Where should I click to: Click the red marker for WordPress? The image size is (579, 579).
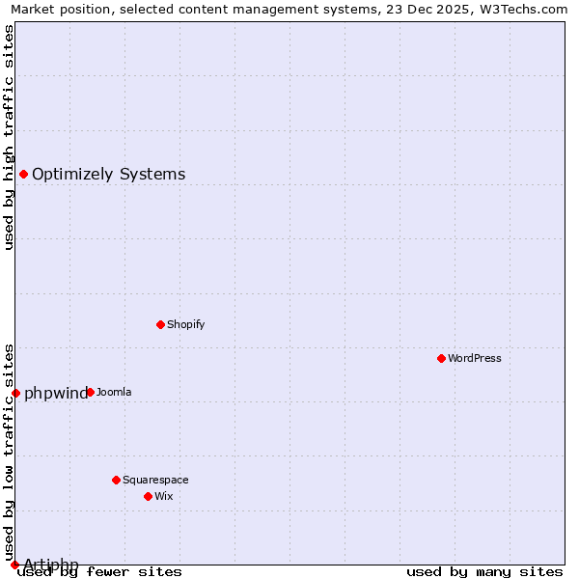click(x=441, y=358)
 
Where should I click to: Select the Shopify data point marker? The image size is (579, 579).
click(x=160, y=324)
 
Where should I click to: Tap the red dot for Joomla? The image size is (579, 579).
click(x=90, y=392)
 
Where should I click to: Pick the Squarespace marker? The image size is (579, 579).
click(x=116, y=480)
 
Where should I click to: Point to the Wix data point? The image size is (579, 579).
click(x=148, y=496)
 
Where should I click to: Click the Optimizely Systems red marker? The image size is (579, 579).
click(x=23, y=174)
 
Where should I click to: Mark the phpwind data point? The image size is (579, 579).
click(x=15, y=393)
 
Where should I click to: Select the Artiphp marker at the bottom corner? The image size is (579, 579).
click(x=14, y=565)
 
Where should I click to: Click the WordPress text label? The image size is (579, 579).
click(x=475, y=358)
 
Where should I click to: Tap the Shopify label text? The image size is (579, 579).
click(x=186, y=324)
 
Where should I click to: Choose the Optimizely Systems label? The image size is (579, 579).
click(x=109, y=174)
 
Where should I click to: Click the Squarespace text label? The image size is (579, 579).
click(x=155, y=480)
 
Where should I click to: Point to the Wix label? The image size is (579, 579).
click(x=164, y=496)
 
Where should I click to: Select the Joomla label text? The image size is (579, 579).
click(x=114, y=392)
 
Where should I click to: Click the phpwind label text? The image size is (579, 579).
click(x=56, y=393)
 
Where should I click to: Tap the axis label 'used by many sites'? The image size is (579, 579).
click(x=484, y=571)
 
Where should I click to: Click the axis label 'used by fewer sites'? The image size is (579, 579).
click(x=99, y=571)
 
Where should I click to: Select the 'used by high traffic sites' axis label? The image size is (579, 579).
click(x=9, y=137)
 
